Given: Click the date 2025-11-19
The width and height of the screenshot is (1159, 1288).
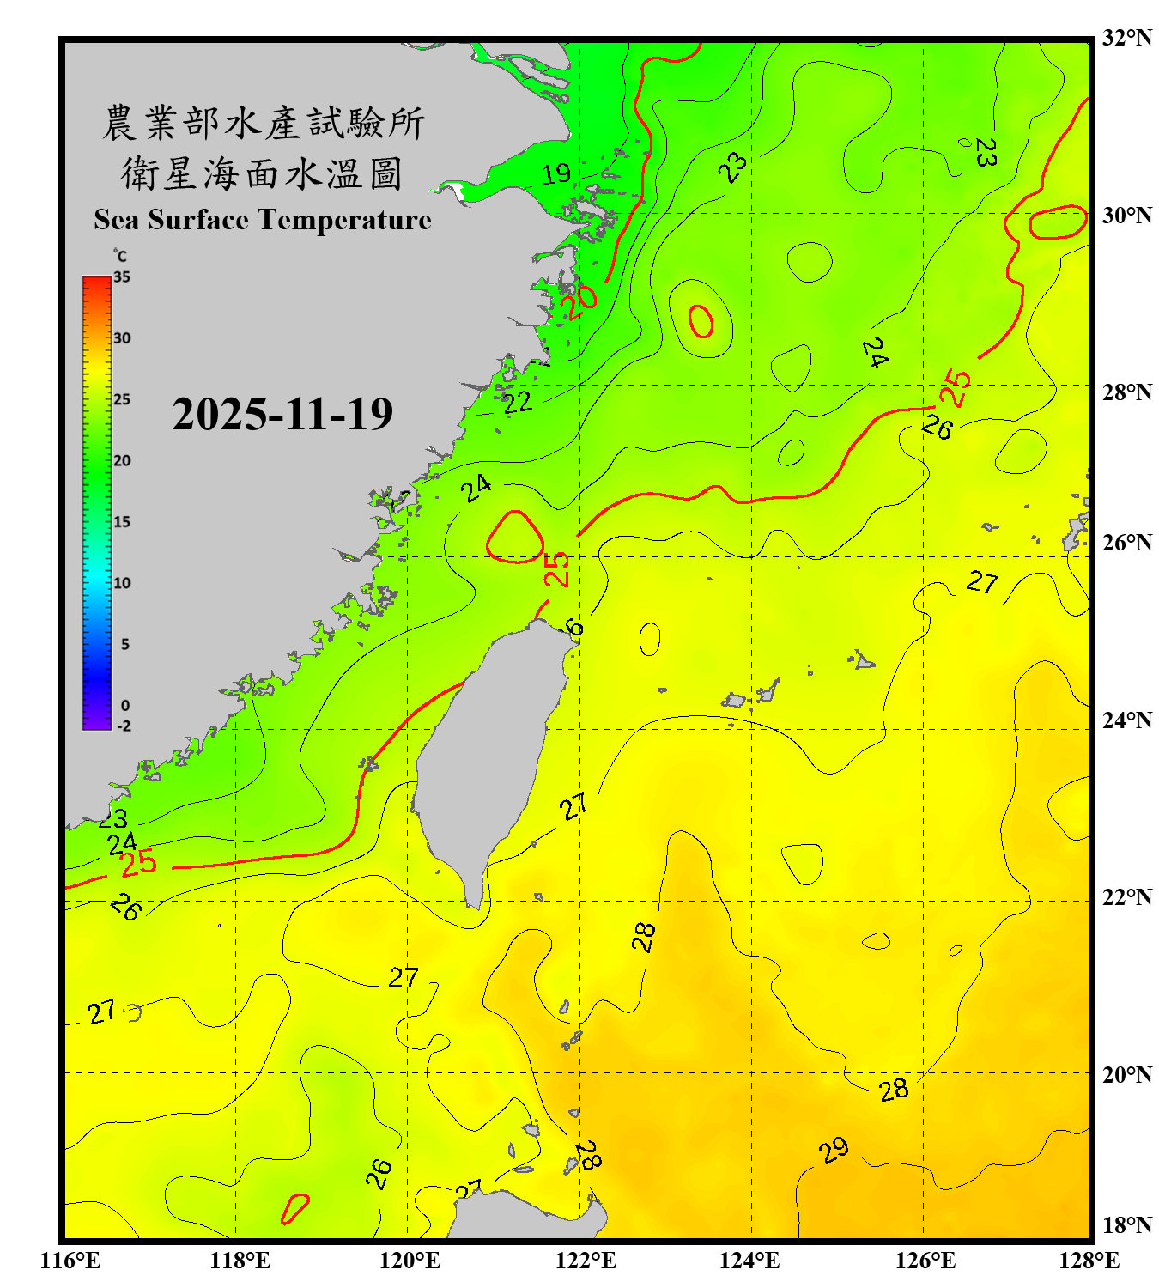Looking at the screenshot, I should (x=282, y=415).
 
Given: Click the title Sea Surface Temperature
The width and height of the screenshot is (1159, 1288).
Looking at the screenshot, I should (x=263, y=220).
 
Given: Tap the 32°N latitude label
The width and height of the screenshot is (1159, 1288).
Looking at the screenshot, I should (x=1127, y=38).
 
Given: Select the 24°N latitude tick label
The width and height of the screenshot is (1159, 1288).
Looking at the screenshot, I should (x=1127, y=720).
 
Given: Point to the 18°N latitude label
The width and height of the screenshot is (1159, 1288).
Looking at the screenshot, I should (x=1127, y=1225).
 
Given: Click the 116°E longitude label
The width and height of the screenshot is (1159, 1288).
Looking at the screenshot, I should (x=70, y=1261).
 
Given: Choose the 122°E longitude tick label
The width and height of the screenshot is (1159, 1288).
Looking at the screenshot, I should (x=586, y=1261).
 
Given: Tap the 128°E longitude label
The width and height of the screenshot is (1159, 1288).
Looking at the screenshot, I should (x=1089, y=1261).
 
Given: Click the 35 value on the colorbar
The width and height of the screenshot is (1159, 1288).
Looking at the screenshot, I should (x=122, y=276).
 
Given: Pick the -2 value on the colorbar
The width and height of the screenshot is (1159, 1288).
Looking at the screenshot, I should (x=124, y=726).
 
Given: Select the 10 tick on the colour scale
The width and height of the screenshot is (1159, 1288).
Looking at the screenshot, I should (x=122, y=583).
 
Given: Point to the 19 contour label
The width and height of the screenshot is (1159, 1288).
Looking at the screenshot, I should (x=556, y=174).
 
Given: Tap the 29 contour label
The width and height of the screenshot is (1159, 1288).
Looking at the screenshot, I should (x=834, y=1150).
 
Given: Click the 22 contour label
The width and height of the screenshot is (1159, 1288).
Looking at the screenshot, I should (x=517, y=402).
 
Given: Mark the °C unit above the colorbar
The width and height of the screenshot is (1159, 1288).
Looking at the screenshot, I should (x=120, y=256).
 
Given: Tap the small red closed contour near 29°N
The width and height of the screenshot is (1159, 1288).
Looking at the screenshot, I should (x=701, y=321).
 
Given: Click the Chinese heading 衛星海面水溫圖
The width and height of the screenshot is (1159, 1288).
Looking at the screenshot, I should (x=262, y=174).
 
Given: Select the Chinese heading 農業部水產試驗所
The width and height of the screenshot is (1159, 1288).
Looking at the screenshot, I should (x=264, y=123).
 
